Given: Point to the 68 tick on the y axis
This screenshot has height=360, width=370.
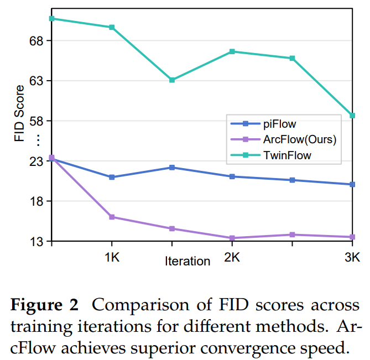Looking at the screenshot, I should click(x=35, y=41).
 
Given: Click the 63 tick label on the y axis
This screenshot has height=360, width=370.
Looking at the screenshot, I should click(x=35, y=81).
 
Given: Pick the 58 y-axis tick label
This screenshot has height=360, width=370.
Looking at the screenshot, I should click(x=35, y=121).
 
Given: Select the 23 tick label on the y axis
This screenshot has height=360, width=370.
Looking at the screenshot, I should click(x=35, y=161).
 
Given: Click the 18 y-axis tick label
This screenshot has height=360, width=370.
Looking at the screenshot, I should click(x=35, y=201).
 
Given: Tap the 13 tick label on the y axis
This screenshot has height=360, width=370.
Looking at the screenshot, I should click(x=35, y=242).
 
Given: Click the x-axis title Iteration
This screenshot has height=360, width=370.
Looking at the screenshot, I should click(x=187, y=261).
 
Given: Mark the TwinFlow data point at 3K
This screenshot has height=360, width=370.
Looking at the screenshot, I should click(x=352, y=116).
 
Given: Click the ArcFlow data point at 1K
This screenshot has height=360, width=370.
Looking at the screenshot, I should click(x=112, y=217).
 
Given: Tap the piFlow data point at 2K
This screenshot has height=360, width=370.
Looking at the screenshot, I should click(x=232, y=176).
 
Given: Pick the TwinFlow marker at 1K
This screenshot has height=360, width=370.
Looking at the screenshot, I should click(x=112, y=27).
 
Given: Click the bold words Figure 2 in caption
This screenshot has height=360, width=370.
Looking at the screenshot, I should click(x=45, y=305).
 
